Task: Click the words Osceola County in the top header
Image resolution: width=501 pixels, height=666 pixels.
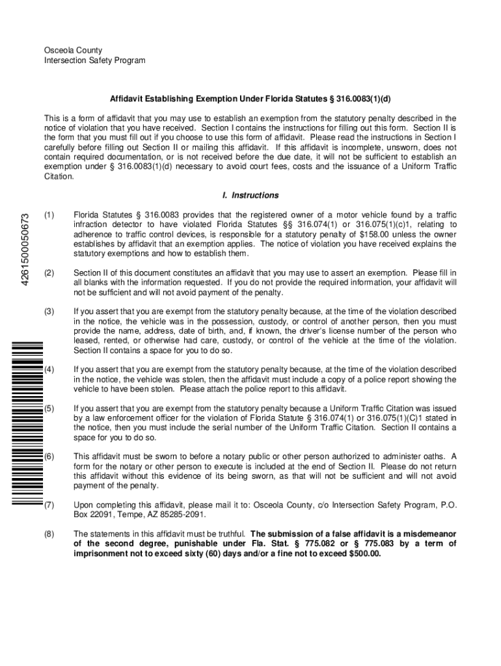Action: pyautogui.click(x=73, y=50)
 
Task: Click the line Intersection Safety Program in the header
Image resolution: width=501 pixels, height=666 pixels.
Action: pyautogui.click(x=94, y=60)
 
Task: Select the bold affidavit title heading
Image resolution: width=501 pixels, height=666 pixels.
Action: pyautogui.click(x=250, y=99)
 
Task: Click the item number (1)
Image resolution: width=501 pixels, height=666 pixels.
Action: pyautogui.click(x=49, y=215)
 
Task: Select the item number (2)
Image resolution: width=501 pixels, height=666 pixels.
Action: pyautogui.click(x=49, y=273)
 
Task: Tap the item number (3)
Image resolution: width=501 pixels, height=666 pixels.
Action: pyautogui.click(x=49, y=312)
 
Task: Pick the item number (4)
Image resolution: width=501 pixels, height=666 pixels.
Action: pyautogui.click(x=49, y=369)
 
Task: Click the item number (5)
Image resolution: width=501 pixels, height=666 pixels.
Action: pyautogui.click(x=49, y=408)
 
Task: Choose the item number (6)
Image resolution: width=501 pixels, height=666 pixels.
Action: pyautogui.click(x=49, y=457)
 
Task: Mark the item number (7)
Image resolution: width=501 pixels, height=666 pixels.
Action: pyautogui.click(x=49, y=505)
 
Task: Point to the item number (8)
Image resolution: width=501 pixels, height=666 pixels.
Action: pyautogui.click(x=49, y=534)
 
